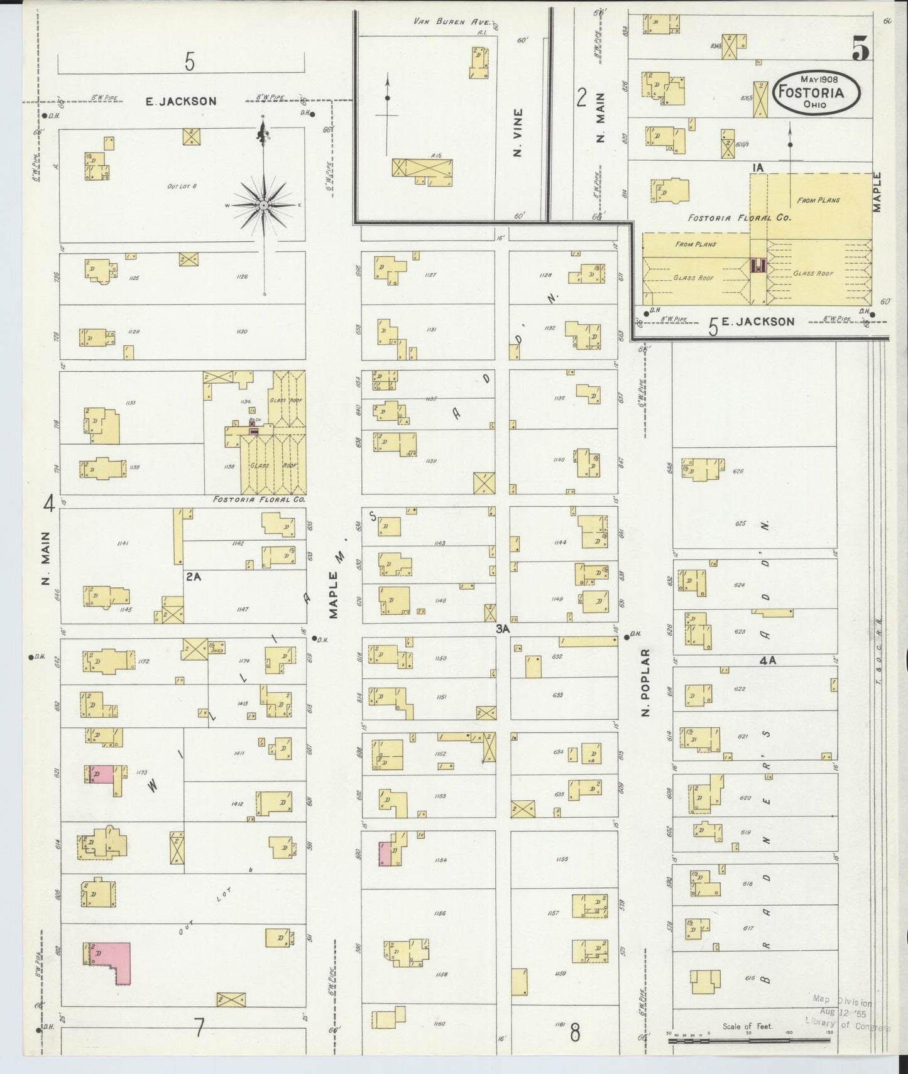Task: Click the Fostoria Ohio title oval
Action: click(816, 92)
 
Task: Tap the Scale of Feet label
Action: click(747, 1026)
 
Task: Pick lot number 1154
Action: click(439, 860)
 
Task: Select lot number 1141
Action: click(123, 543)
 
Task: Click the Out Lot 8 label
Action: click(182, 186)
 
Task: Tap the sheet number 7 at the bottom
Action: click(199, 1028)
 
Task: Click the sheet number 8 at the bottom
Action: click(574, 1033)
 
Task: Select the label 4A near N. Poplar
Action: click(768, 660)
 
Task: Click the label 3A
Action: click(502, 628)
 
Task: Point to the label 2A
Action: click(192, 576)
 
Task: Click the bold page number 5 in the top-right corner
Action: click(861, 49)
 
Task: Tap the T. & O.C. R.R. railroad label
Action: click(878, 647)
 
